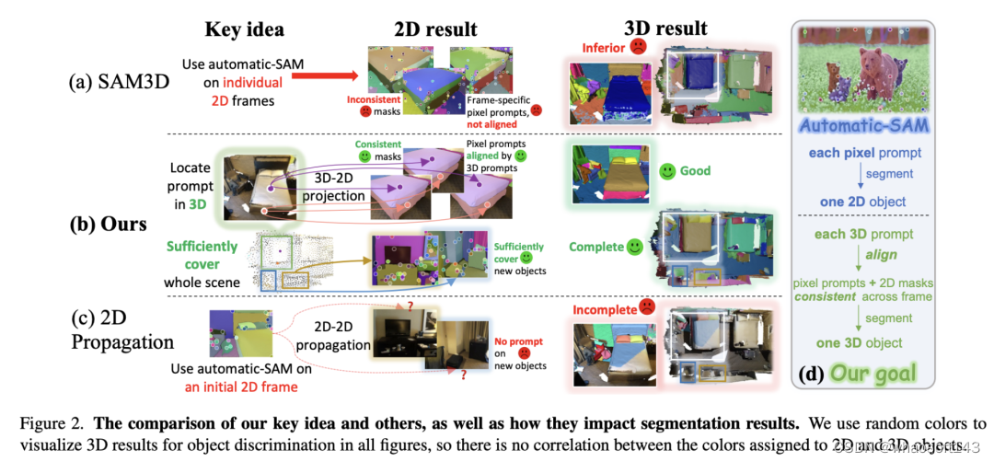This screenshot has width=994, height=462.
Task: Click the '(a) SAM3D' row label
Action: [121, 81]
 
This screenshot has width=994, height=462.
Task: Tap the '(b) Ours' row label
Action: [110, 225]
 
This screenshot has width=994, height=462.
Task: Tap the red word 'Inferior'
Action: [602, 46]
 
